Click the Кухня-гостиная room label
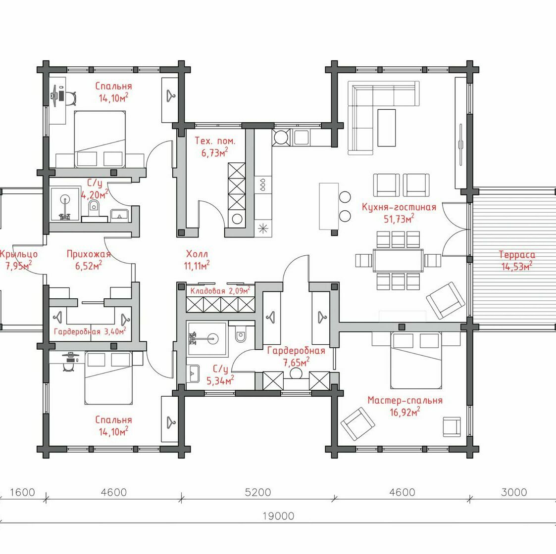(399, 207)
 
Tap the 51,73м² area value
(399, 219)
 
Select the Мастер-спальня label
(405, 400)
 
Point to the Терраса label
(517, 254)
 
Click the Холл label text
(197, 254)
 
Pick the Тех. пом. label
(215, 141)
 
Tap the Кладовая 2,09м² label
(220, 291)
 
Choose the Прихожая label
(89, 254)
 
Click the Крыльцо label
(18, 254)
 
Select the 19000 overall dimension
(278, 516)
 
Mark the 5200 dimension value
(258, 492)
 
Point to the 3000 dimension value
(514, 492)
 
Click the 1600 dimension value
(22, 492)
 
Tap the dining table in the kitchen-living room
(398, 260)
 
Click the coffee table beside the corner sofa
(387, 128)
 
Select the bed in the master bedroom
(416, 360)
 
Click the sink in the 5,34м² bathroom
(193, 373)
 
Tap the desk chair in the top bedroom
(71, 98)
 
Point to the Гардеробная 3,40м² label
(90, 331)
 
